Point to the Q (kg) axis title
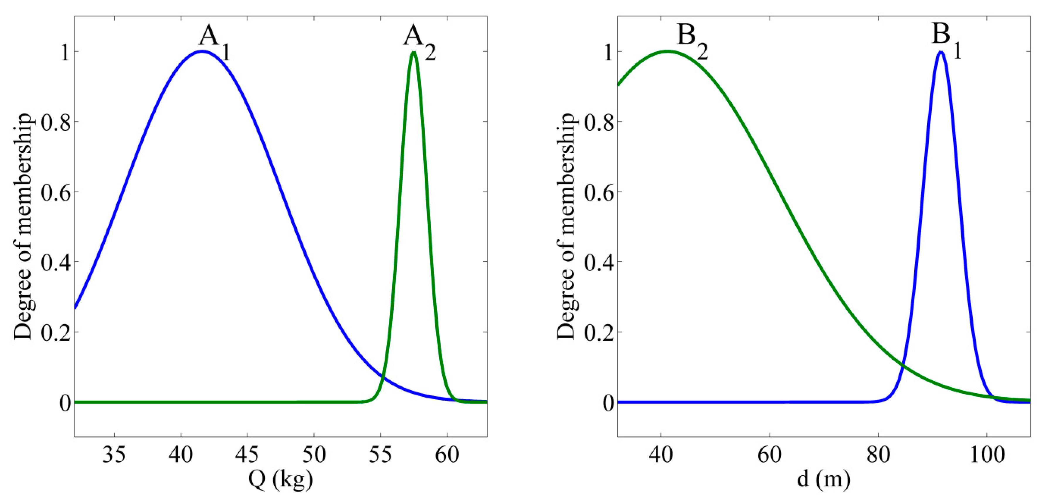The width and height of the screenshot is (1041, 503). click(281, 480)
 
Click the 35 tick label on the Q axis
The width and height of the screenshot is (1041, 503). click(114, 455)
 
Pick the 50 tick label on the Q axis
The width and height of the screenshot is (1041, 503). click(314, 455)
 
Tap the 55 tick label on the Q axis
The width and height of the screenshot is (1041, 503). click(380, 455)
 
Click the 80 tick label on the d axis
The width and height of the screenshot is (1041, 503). click(878, 455)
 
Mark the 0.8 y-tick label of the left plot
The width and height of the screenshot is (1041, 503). click(56, 122)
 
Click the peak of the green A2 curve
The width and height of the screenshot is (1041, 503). click(413, 52)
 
